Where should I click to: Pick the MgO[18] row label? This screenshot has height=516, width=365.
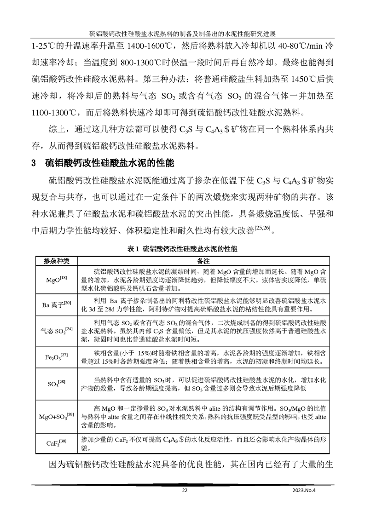pos(57,279)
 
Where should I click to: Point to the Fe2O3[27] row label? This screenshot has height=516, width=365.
pos(57,357)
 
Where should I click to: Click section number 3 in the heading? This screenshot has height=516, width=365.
pos(34,163)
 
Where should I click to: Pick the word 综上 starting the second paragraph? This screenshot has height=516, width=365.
pos(56,130)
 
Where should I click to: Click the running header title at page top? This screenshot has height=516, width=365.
pos(182,33)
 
